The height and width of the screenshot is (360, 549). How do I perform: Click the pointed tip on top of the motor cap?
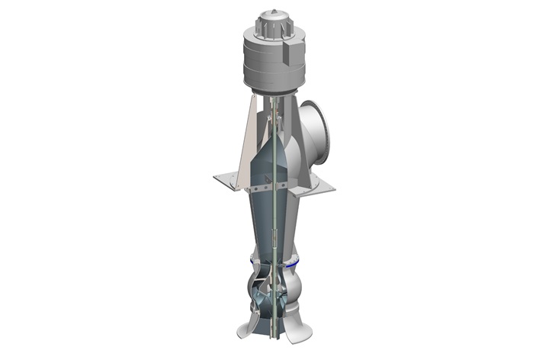click(x=273, y=11)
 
